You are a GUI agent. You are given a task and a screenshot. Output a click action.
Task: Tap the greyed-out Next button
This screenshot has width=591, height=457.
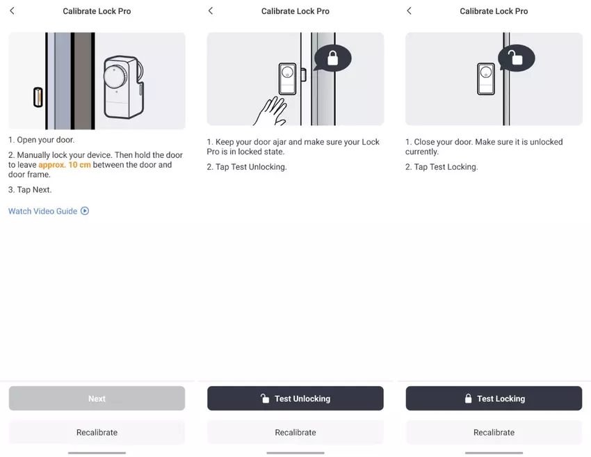pos(97,398)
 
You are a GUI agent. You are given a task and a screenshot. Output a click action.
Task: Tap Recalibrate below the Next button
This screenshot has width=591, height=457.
pos(97,433)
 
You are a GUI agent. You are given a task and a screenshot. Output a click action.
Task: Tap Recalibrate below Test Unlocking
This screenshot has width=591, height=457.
pos(295,433)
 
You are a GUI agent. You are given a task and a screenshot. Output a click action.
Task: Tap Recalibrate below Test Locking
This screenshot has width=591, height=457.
pos(494,433)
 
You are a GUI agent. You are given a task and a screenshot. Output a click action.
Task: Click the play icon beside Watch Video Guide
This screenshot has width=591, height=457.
pos(85,211)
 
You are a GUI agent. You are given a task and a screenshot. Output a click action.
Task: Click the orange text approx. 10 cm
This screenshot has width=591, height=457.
pos(65,165)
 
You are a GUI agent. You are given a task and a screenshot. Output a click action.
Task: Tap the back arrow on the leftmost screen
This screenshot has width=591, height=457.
pos(12,10)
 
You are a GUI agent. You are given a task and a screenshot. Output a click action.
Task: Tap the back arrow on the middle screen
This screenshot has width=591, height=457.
pos(211,10)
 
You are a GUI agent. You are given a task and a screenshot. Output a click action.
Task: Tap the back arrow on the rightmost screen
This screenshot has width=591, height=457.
pos(410,10)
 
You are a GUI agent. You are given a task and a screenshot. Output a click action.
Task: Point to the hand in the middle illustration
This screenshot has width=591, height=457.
pos(271,111)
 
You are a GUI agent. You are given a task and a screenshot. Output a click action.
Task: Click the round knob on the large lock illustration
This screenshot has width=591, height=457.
pos(115,77)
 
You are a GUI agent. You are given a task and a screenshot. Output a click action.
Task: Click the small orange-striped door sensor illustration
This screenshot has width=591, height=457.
pos(38,97)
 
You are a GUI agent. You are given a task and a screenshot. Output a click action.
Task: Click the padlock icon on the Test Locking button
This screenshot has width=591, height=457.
pos(468,398)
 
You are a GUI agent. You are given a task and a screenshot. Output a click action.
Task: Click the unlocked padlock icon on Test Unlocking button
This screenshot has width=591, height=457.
pos(265,398)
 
